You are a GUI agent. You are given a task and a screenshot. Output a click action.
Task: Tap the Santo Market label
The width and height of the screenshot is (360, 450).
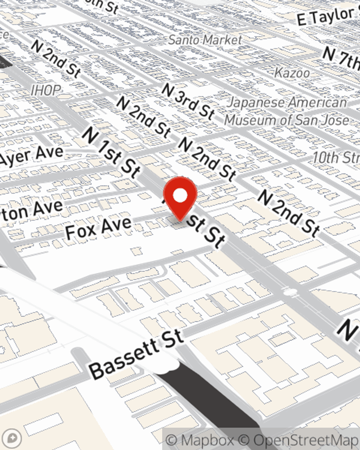pos(205,40)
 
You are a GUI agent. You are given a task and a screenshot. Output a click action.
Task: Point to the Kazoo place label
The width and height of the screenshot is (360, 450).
pos(292,73)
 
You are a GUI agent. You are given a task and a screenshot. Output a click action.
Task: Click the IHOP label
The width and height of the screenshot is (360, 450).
pos(46,90)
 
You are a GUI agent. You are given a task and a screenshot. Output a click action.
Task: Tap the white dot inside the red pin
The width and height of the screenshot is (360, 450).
pos(180,196)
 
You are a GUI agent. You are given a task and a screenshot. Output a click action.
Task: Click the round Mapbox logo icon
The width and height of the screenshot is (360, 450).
pos(12,438)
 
